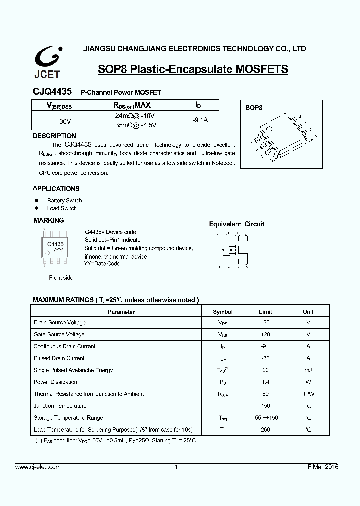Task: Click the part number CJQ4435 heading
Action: [x=52, y=92]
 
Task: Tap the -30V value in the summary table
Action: [x=64, y=121]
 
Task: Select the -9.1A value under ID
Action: [x=200, y=120]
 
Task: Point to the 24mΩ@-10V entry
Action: [x=132, y=115]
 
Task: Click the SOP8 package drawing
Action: [x=282, y=137]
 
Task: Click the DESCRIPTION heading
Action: [x=54, y=136]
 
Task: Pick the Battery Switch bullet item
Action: [x=64, y=200]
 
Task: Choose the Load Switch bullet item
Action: [x=62, y=208]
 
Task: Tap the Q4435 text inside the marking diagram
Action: [x=55, y=244]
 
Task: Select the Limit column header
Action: [x=265, y=312]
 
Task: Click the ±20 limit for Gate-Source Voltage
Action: [x=265, y=334]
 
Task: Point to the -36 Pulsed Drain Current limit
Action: [x=265, y=358]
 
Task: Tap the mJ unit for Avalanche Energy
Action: [x=308, y=370]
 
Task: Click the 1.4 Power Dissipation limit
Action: [x=265, y=382]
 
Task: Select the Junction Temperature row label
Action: [x=60, y=406]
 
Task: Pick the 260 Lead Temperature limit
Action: [x=265, y=430]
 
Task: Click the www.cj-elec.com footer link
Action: [x=38, y=467]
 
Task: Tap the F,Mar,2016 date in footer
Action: [x=322, y=467]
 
